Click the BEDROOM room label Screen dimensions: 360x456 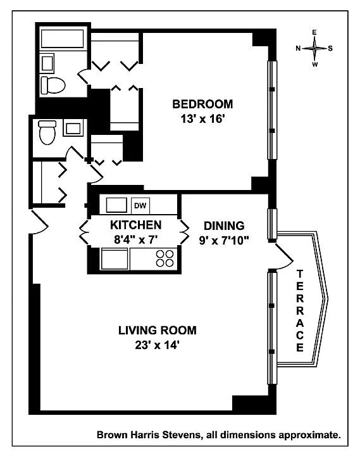(x=202, y=104)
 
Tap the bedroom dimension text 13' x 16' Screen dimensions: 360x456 (x=203, y=119)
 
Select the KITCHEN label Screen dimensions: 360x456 (x=135, y=225)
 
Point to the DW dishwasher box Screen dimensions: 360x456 (x=140, y=206)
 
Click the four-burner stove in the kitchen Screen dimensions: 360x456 (x=164, y=258)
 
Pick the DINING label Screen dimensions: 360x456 (x=224, y=225)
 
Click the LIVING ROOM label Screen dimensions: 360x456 (x=158, y=331)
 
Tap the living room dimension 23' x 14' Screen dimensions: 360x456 (x=157, y=345)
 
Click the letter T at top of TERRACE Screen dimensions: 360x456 (x=300, y=274)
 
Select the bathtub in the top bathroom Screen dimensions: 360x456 (x=63, y=39)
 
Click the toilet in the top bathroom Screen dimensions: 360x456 (x=53, y=85)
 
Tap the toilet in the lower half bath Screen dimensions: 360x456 (x=47, y=132)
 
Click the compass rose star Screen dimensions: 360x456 (x=314, y=48)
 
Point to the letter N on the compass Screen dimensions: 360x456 (x=298, y=48)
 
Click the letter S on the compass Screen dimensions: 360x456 (x=330, y=48)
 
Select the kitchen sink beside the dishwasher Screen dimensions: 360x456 (x=116, y=205)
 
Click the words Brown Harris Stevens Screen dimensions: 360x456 (x=149, y=435)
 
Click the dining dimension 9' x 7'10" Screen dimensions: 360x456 (x=224, y=241)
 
